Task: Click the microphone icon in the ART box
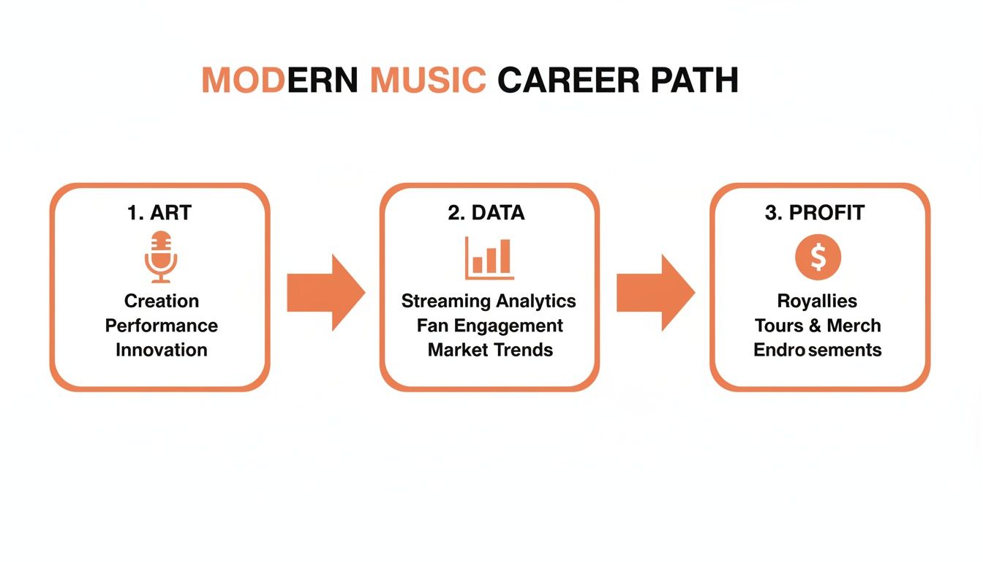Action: (x=161, y=256)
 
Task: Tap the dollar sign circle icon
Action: (x=818, y=258)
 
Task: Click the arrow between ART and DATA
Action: (x=325, y=292)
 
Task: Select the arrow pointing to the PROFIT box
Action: (x=655, y=292)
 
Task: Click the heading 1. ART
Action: (x=159, y=213)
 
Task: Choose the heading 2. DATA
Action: (x=486, y=213)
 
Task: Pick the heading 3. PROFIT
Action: (x=815, y=213)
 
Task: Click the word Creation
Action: (x=162, y=301)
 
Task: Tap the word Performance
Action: (x=162, y=325)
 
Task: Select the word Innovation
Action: (x=162, y=350)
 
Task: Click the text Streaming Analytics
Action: (x=489, y=301)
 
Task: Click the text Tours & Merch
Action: (x=818, y=325)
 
